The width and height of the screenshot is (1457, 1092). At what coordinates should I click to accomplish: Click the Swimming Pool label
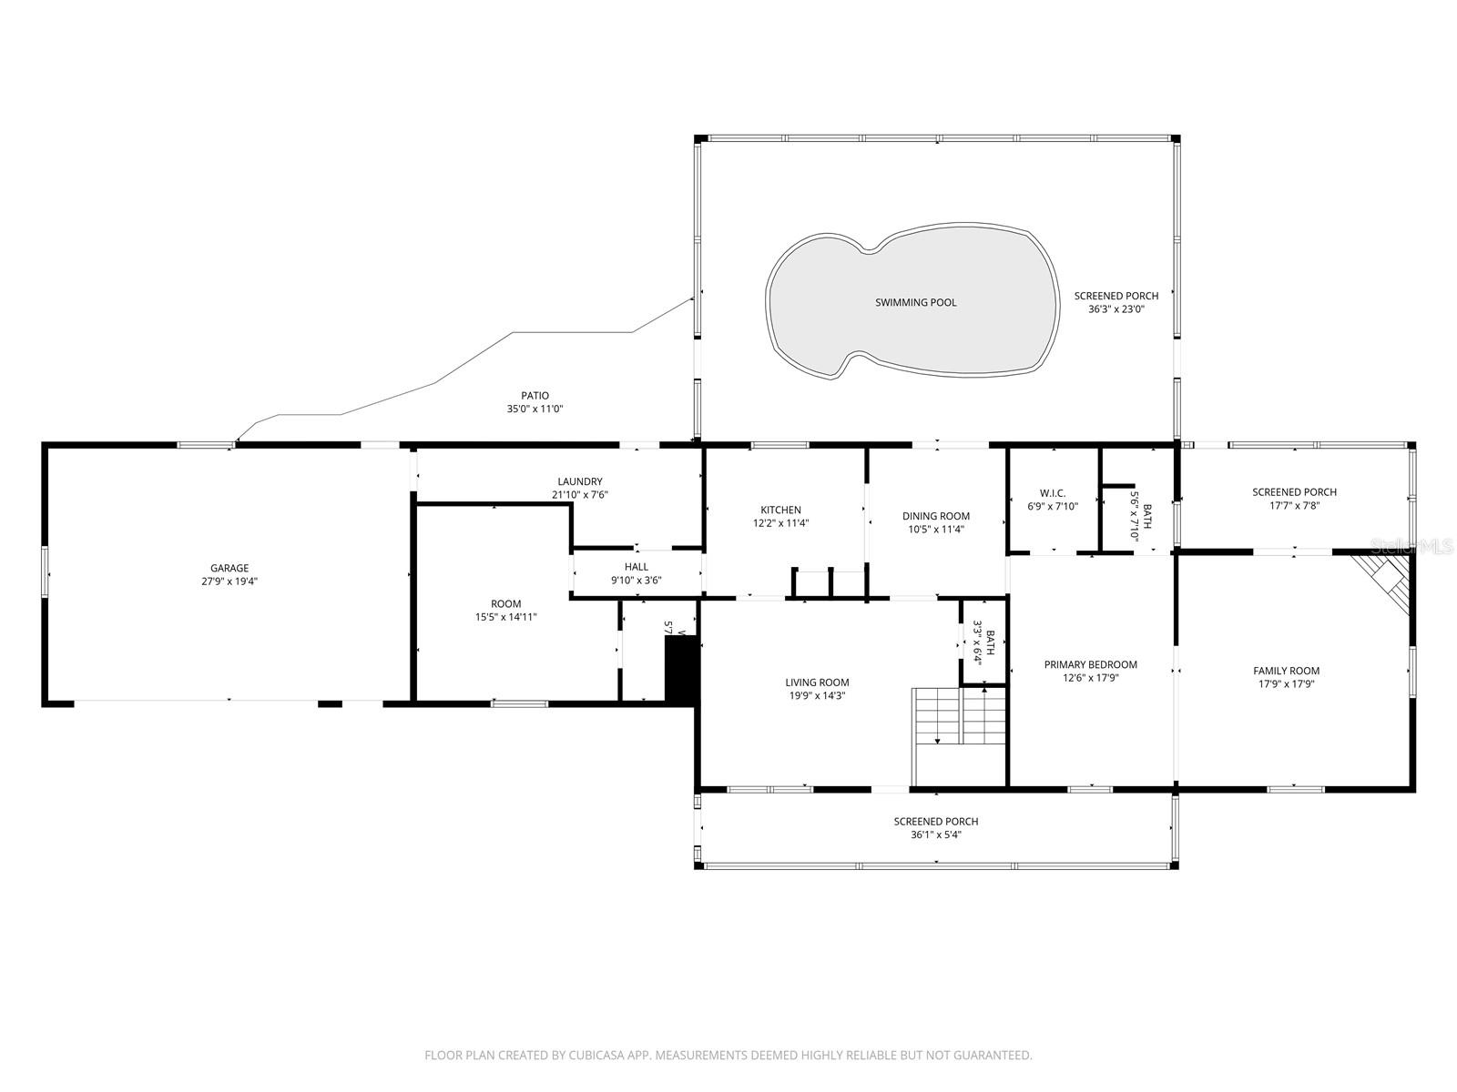point(915,302)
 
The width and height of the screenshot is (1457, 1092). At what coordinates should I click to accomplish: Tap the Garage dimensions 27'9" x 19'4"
point(229,581)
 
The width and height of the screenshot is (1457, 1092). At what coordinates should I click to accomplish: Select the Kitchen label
point(780,510)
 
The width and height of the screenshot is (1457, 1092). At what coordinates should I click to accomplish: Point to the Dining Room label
point(935,516)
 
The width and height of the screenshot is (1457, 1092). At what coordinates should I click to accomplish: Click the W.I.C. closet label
point(1052,493)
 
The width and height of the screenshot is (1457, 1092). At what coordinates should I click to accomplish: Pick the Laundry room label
point(579,481)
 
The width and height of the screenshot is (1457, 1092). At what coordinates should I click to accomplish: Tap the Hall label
point(636,567)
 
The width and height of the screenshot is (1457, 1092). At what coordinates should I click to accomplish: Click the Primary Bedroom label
point(1090,664)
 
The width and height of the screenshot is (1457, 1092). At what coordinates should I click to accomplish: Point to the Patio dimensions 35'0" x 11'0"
point(535,409)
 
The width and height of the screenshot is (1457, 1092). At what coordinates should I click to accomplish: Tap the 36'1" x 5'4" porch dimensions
point(935,834)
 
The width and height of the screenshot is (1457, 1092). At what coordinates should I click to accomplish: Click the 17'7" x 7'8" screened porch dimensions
point(1293,505)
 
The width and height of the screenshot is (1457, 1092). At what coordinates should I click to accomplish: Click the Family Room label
point(1286,671)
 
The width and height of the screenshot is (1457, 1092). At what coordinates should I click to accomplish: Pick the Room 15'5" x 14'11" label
point(505,603)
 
